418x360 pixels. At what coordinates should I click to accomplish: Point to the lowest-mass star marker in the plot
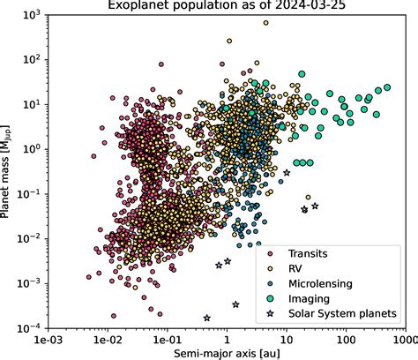coord(207,318)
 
